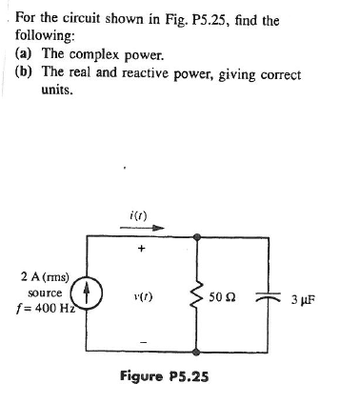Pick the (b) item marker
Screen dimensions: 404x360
[x=27, y=74]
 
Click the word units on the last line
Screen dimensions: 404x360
[x=59, y=92]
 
